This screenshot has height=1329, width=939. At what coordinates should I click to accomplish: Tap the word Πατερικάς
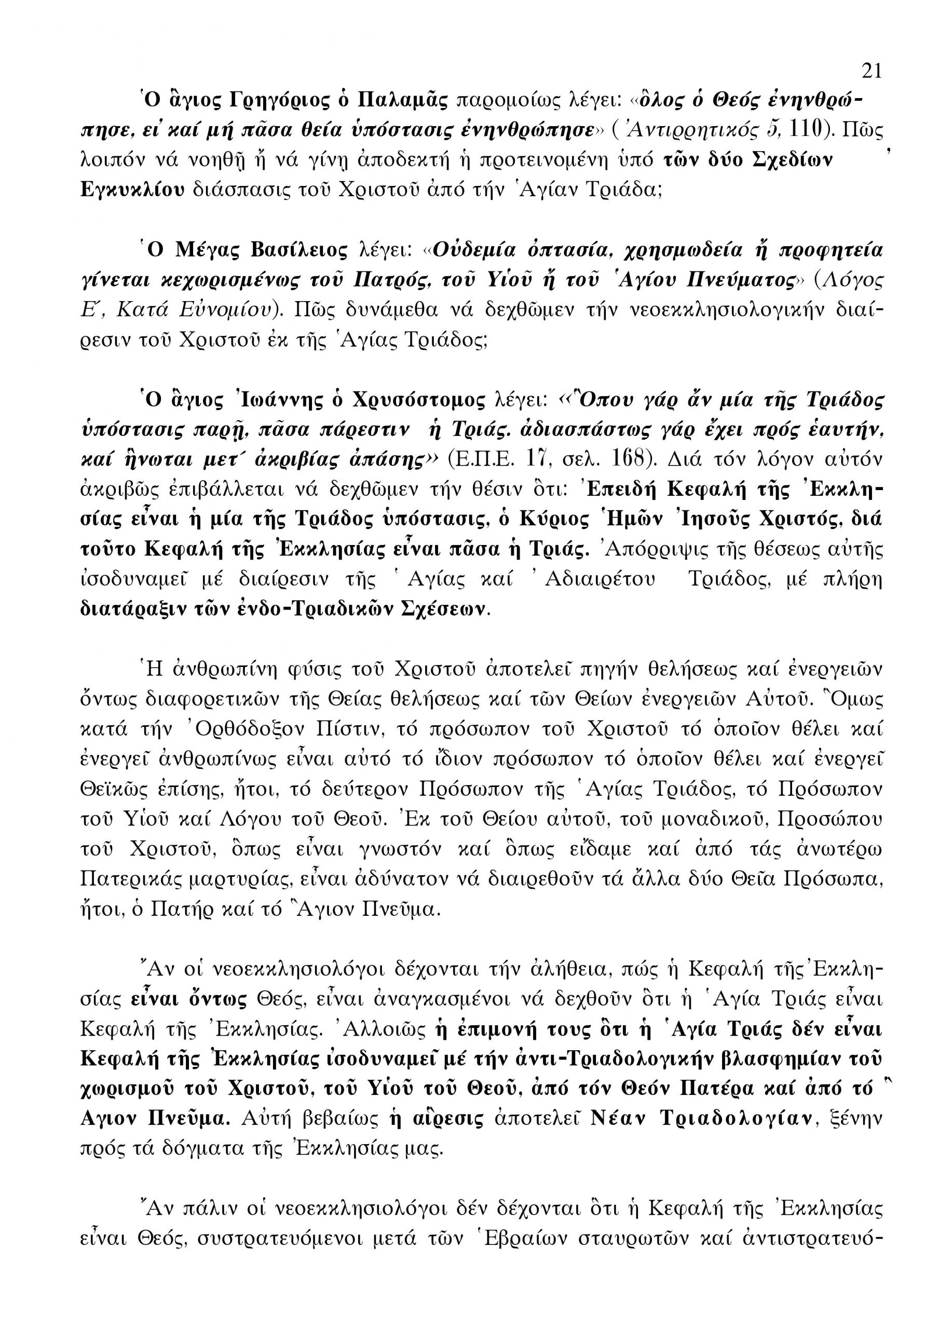point(132,879)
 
